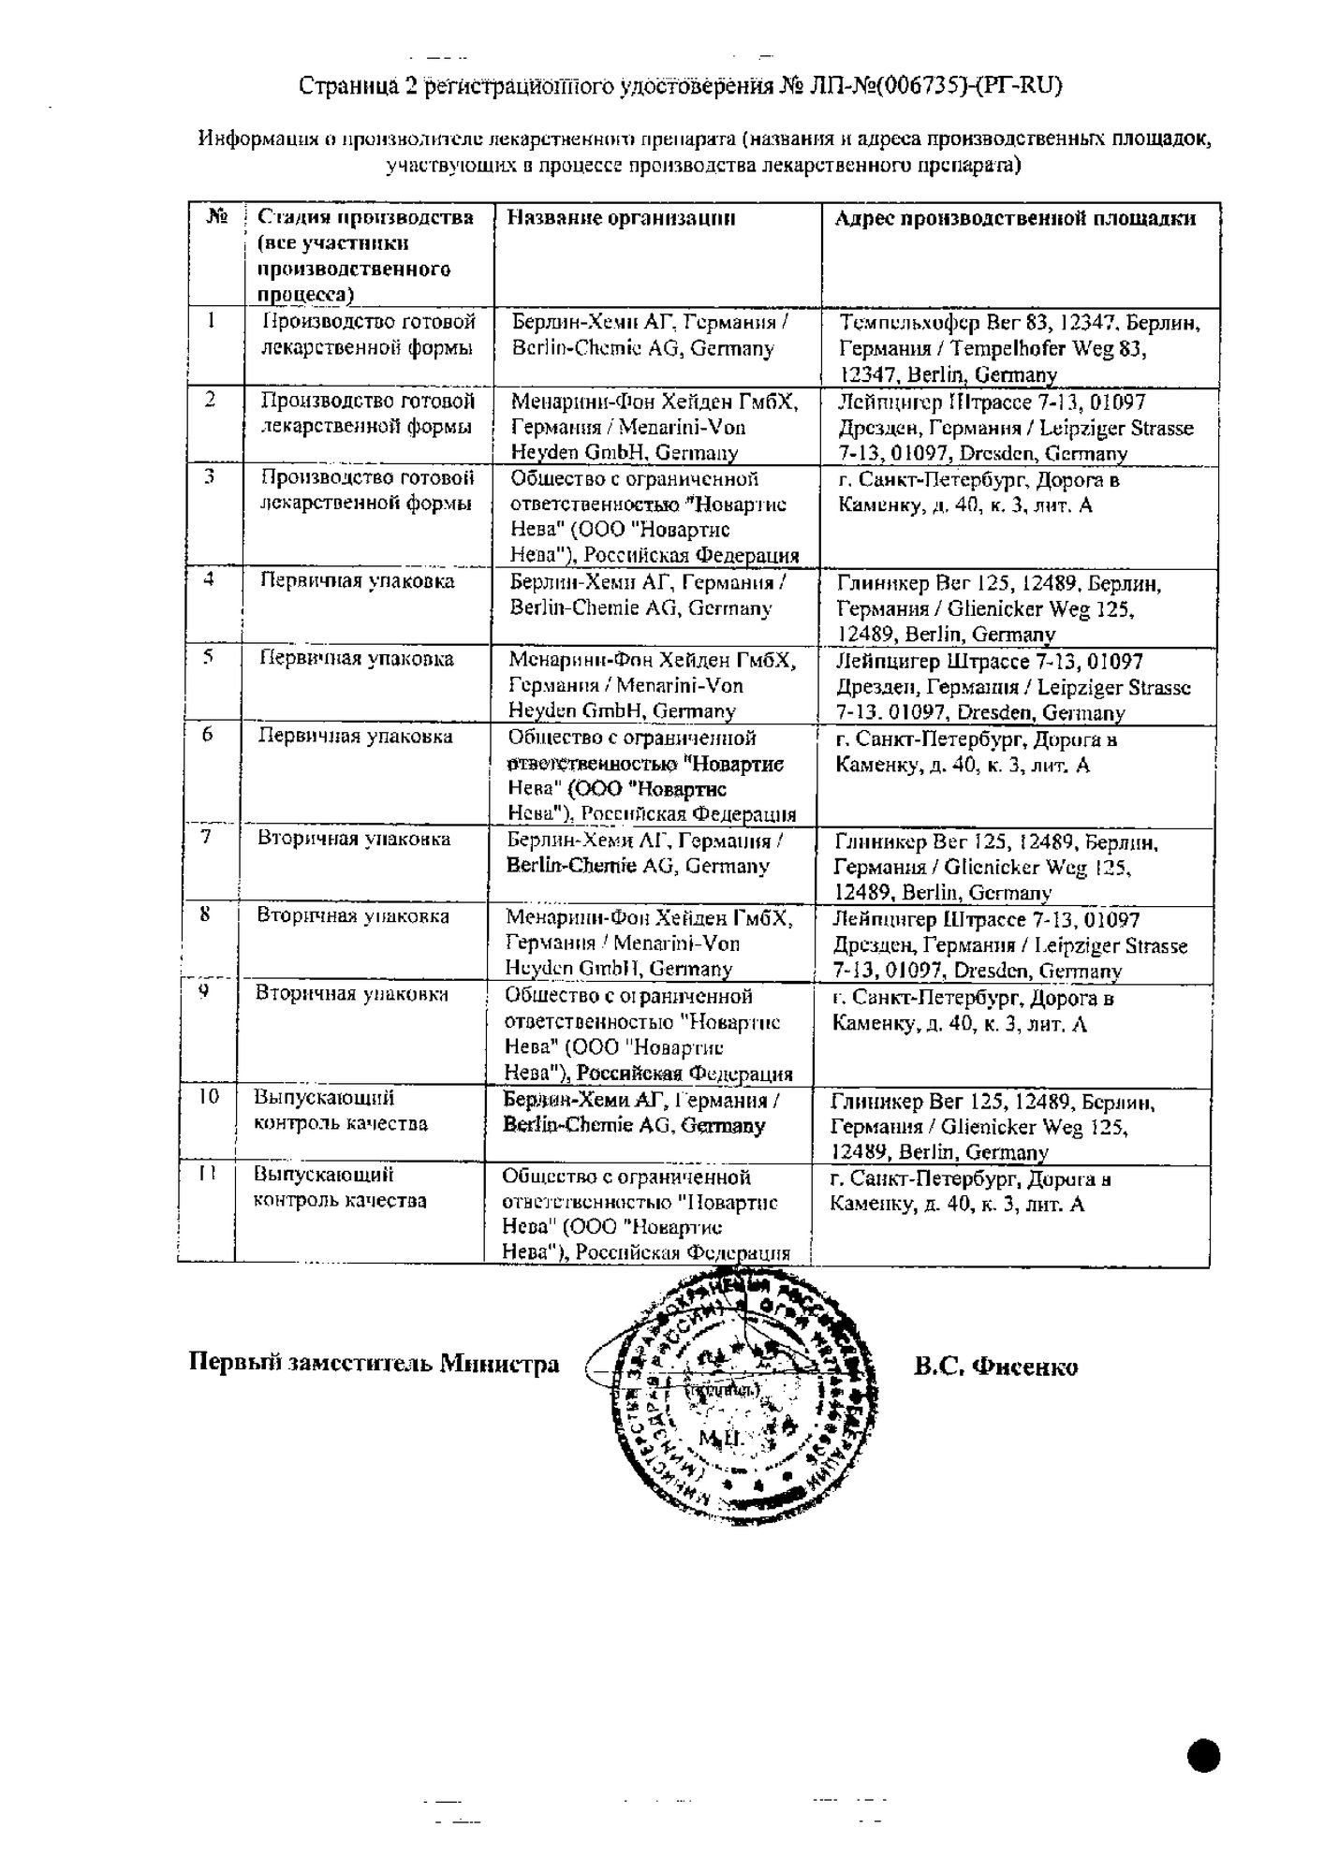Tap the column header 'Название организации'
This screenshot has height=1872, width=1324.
[621, 218]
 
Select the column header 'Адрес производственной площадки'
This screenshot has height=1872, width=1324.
[1015, 219]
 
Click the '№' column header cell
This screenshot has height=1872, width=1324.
[216, 217]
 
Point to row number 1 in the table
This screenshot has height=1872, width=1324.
[213, 321]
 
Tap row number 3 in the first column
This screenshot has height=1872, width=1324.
[211, 477]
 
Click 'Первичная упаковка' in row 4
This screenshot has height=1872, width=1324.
[357, 581]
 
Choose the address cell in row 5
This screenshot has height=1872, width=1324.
[1013, 687]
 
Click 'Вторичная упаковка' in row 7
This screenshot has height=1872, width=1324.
[354, 839]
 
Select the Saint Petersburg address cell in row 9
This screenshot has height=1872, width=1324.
[973, 1011]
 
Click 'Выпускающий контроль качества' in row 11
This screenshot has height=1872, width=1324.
[341, 1188]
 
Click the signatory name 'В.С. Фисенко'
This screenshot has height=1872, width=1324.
[995, 1367]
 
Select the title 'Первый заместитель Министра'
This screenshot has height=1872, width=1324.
[375, 1363]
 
